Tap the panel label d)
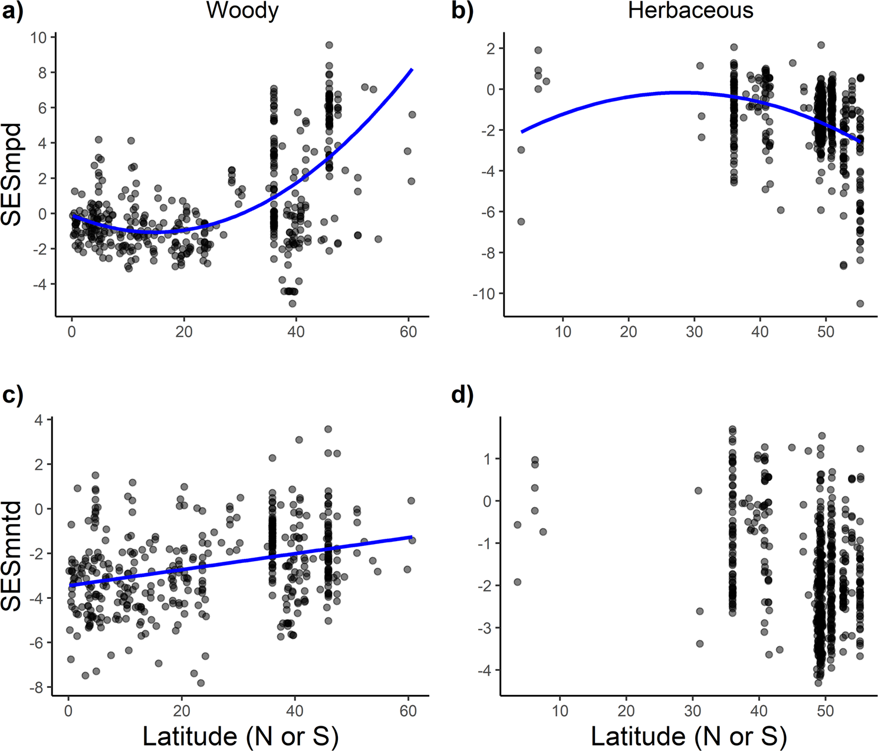pos(462,396)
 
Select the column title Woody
pos(242,11)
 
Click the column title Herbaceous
pos(690,11)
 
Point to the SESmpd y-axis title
pos(12,174)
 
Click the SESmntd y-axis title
pos(12,555)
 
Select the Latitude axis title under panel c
pos(241,736)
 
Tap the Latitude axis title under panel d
pos(689,736)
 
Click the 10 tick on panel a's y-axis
pos(39,38)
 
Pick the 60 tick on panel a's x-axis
pos(408,332)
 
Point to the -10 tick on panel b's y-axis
pos(484,294)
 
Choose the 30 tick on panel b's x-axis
pos(694,332)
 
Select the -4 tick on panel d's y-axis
pos(485,670)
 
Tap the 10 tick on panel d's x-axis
pos(560,712)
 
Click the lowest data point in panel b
pos(860,304)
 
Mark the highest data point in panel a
pos(329,45)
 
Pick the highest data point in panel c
pos(328,429)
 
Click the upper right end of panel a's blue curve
pos(412,69)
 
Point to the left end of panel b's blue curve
pos(521,131)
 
